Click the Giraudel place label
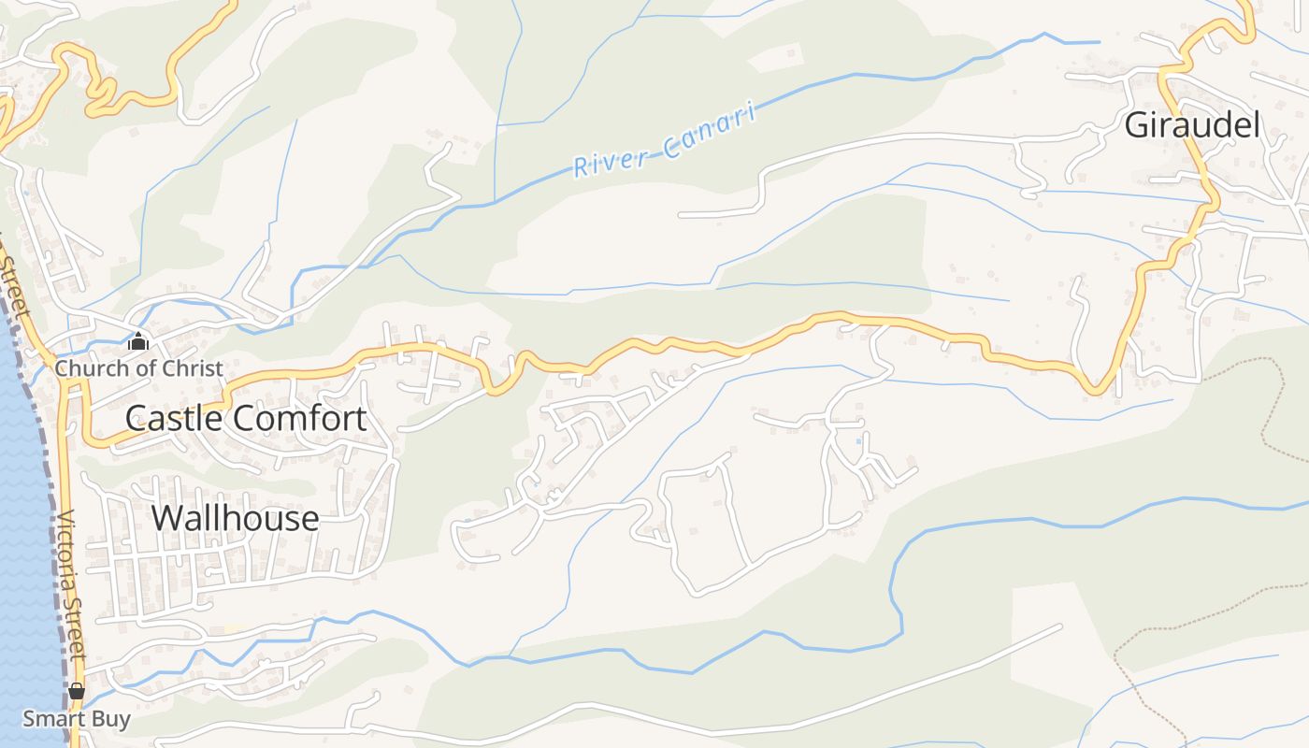tap(1192, 124)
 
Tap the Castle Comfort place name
tap(245, 418)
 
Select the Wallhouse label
tap(235, 517)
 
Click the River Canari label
tap(663, 142)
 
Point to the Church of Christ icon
tap(138, 341)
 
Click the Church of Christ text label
tap(138, 368)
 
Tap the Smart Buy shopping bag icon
tap(77, 692)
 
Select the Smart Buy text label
tap(77, 719)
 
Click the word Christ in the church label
tap(194, 368)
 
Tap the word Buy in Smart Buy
tap(110, 719)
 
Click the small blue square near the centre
tap(858, 440)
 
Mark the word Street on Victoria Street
tap(77, 640)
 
